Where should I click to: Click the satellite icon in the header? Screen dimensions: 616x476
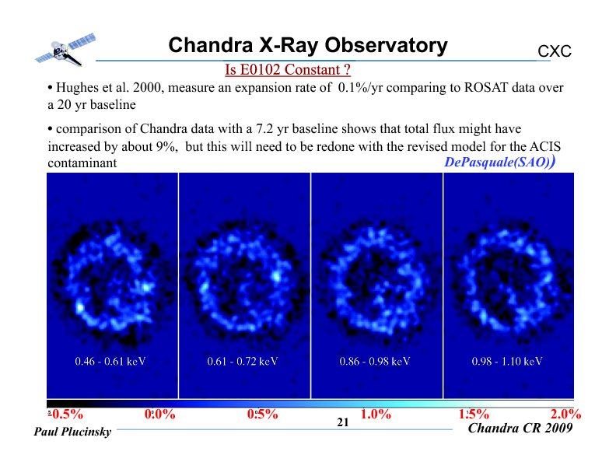point(65,50)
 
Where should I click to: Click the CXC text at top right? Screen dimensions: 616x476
point(555,51)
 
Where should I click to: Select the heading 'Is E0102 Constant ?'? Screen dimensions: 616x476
point(288,69)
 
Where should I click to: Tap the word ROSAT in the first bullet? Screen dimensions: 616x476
point(486,87)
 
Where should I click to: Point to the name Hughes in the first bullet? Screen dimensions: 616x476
point(77,88)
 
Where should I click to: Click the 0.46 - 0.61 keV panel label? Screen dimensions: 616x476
point(110,361)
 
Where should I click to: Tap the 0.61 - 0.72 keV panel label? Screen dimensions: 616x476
point(243,361)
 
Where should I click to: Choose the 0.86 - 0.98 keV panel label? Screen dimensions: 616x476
point(375,361)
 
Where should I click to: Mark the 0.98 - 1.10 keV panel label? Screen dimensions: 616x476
point(507,361)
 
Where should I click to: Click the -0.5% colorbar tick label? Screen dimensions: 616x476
point(65,414)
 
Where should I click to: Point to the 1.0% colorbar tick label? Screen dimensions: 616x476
point(376,414)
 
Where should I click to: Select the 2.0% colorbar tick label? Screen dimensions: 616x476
point(565,414)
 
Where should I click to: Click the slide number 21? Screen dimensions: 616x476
point(343,422)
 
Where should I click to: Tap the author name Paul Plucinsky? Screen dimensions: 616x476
point(72,432)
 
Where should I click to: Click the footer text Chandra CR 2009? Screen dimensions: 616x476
point(520,428)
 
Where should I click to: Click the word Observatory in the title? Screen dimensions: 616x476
point(387,45)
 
